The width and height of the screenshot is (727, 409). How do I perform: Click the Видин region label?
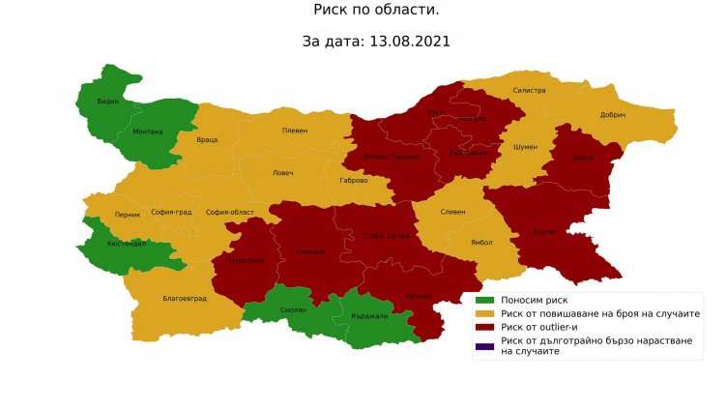coord(108,102)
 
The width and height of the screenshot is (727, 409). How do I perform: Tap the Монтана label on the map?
coord(148,131)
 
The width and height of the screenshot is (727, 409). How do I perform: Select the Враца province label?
coord(207,139)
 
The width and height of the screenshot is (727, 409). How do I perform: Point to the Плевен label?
coord(294,131)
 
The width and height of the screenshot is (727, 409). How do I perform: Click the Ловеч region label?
coord(283,173)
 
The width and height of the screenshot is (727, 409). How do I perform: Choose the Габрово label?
coord(354,180)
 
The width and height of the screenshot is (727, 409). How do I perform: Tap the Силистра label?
coord(530,91)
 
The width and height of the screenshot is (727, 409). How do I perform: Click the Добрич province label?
coord(613,115)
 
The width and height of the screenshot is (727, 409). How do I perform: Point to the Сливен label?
coord(453,211)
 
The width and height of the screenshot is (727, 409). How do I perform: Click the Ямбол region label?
coord(481,243)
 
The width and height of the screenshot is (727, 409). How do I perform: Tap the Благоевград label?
coord(185,299)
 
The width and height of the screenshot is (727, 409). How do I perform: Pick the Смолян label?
coord(294,309)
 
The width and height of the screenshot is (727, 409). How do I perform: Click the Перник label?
coord(128,214)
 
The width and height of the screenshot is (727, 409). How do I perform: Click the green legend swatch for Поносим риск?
coord(484,301)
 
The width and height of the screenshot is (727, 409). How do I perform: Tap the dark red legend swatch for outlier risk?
coord(484,327)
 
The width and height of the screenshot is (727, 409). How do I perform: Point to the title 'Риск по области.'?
coord(363,11)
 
